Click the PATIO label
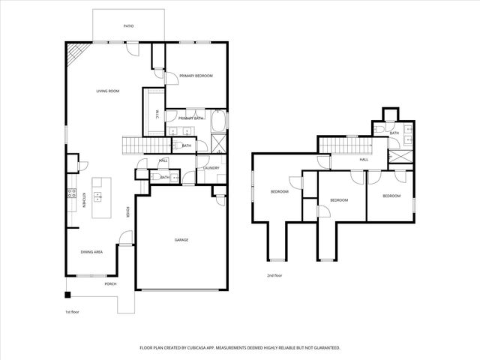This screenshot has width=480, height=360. click(128, 26)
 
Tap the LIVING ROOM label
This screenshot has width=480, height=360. click(108, 91)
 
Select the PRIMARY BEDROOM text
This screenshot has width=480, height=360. click(196, 76)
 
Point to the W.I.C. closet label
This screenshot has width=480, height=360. click(157, 113)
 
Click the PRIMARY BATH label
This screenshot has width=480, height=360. click(191, 118)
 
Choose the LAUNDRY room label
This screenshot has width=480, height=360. click(211, 168)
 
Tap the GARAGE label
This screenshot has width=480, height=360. click(181, 240)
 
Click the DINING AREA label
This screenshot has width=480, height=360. click(91, 251)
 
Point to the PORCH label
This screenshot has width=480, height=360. click(110, 283)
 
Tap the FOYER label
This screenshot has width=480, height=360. click(128, 212)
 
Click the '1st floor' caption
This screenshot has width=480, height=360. click(72, 312)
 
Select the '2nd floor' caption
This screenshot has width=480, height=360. click(274, 276)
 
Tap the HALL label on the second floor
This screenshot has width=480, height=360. click(364, 160)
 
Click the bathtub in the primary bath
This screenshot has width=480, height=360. click(219, 121)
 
